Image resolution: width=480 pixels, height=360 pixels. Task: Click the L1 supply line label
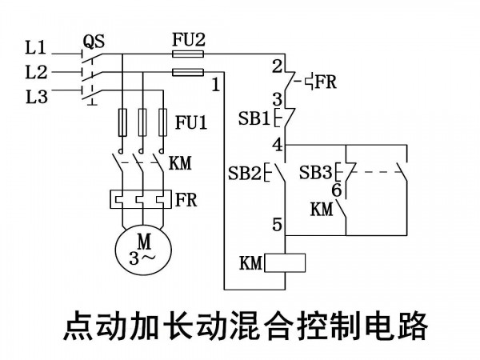click(36, 48)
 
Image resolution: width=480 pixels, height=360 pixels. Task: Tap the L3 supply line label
click(37, 97)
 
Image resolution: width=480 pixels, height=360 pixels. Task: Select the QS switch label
click(94, 42)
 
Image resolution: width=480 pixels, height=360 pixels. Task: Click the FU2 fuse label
click(188, 39)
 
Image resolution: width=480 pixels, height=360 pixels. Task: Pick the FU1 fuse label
click(191, 122)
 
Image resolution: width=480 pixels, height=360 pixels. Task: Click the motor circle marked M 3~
click(143, 250)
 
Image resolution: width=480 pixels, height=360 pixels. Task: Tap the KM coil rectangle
click(285, 263)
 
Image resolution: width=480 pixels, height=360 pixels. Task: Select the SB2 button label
click(245, 174)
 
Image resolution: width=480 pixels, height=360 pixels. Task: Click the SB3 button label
click(315, 172)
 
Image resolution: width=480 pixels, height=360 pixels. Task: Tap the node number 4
click(278, 145)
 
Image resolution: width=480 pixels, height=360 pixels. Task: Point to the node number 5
click(277, 224)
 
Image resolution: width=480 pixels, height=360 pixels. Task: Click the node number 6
click(337, 190)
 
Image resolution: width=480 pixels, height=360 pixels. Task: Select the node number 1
click(216, 85)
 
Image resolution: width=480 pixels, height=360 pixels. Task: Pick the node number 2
click(277, 66)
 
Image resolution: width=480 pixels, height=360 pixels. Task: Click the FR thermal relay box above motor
click(141, 199)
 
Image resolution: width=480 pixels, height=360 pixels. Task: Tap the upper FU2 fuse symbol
click(188, 54)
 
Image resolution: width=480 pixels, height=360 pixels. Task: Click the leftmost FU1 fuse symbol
click(122, 122)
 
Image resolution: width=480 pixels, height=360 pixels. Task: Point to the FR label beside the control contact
click(326, 82)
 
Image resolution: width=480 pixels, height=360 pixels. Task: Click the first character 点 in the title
click(79, 325)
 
